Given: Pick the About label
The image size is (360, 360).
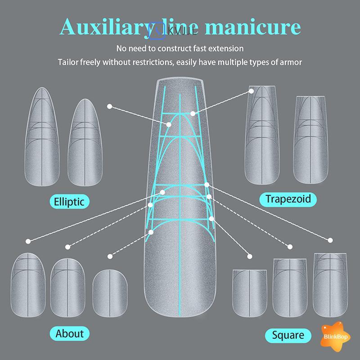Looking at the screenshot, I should (x=70, y=333).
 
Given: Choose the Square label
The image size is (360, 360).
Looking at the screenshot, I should (x=288, y=335).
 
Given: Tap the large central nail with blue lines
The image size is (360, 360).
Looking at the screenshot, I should (x=180, y=202).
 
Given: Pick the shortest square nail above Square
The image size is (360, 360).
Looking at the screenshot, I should (x=250, y=292).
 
